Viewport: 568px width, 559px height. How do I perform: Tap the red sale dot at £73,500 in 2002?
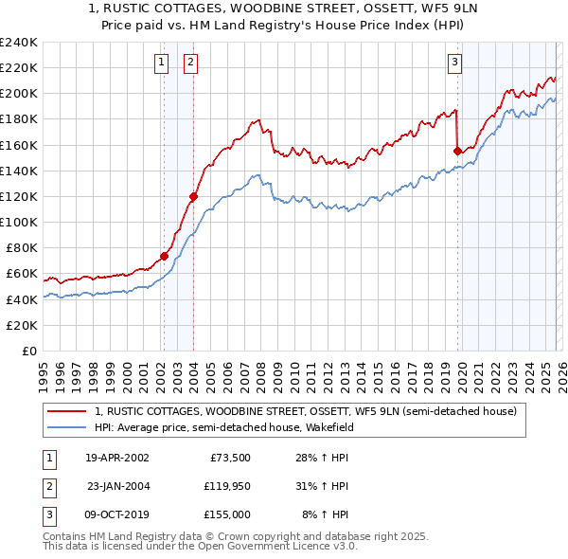tap(164, 256)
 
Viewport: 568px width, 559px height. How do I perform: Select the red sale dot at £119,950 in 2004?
tap(193, 196)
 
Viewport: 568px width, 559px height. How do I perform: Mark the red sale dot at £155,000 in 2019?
tap(457, 151)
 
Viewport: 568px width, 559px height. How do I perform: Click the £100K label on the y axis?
tap(18, 222)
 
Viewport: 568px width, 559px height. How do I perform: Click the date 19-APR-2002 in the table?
tap(116, 457)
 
